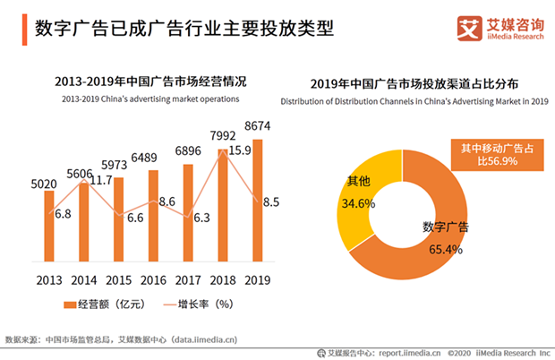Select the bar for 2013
point(49,228)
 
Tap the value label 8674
point(258,127)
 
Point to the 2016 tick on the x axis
point(153,279)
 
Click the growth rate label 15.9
point(243,151)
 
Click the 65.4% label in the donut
point(443,249)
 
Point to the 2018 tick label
point(223,279)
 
